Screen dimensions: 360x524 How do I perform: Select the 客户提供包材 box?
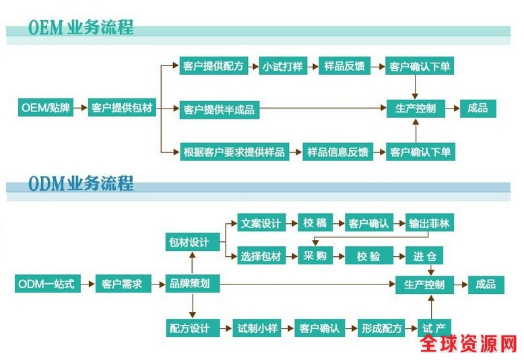[x=122, y=107]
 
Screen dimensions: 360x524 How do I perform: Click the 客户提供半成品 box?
[x=218, y=109]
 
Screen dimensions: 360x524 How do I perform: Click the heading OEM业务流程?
[x=81, y=28]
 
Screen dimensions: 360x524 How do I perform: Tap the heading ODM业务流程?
[x=81, y=183]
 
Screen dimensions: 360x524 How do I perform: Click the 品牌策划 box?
[x=193, y=284]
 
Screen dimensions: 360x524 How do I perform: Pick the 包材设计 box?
[x=193, y=242]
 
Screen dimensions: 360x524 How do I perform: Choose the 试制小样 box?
[x=257, y=328]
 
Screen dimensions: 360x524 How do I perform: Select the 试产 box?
[x=434, y=328]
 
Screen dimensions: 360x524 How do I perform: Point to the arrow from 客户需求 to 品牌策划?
[x=157, y=284]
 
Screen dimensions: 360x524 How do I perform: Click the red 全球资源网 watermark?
[x=469, y=344]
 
